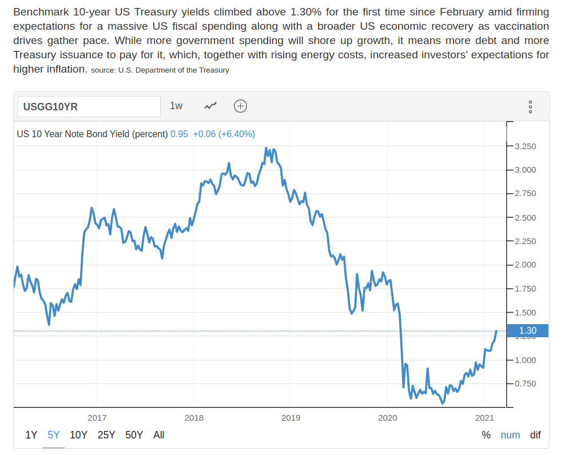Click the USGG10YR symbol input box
click(89, 106)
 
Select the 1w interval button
click(176, 106)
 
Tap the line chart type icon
click(210, 106)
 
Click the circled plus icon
click(241, 106)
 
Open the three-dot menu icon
click(530, 106)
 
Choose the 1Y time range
click(31, 435)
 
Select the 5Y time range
click(54, 435)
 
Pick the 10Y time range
click(78, 435)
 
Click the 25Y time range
click(106, 435)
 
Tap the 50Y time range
click(134, 435)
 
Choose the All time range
click(159, 435)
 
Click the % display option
click(486, 435)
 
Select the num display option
click(510, 435)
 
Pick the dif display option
click(535, 435)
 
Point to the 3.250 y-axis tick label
click(525, 146)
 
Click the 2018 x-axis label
click(194, 418)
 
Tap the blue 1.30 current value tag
click(527, 330)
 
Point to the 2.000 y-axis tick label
click(525, 265)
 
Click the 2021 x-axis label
click(484, 418)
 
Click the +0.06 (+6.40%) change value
click(224, 134)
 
